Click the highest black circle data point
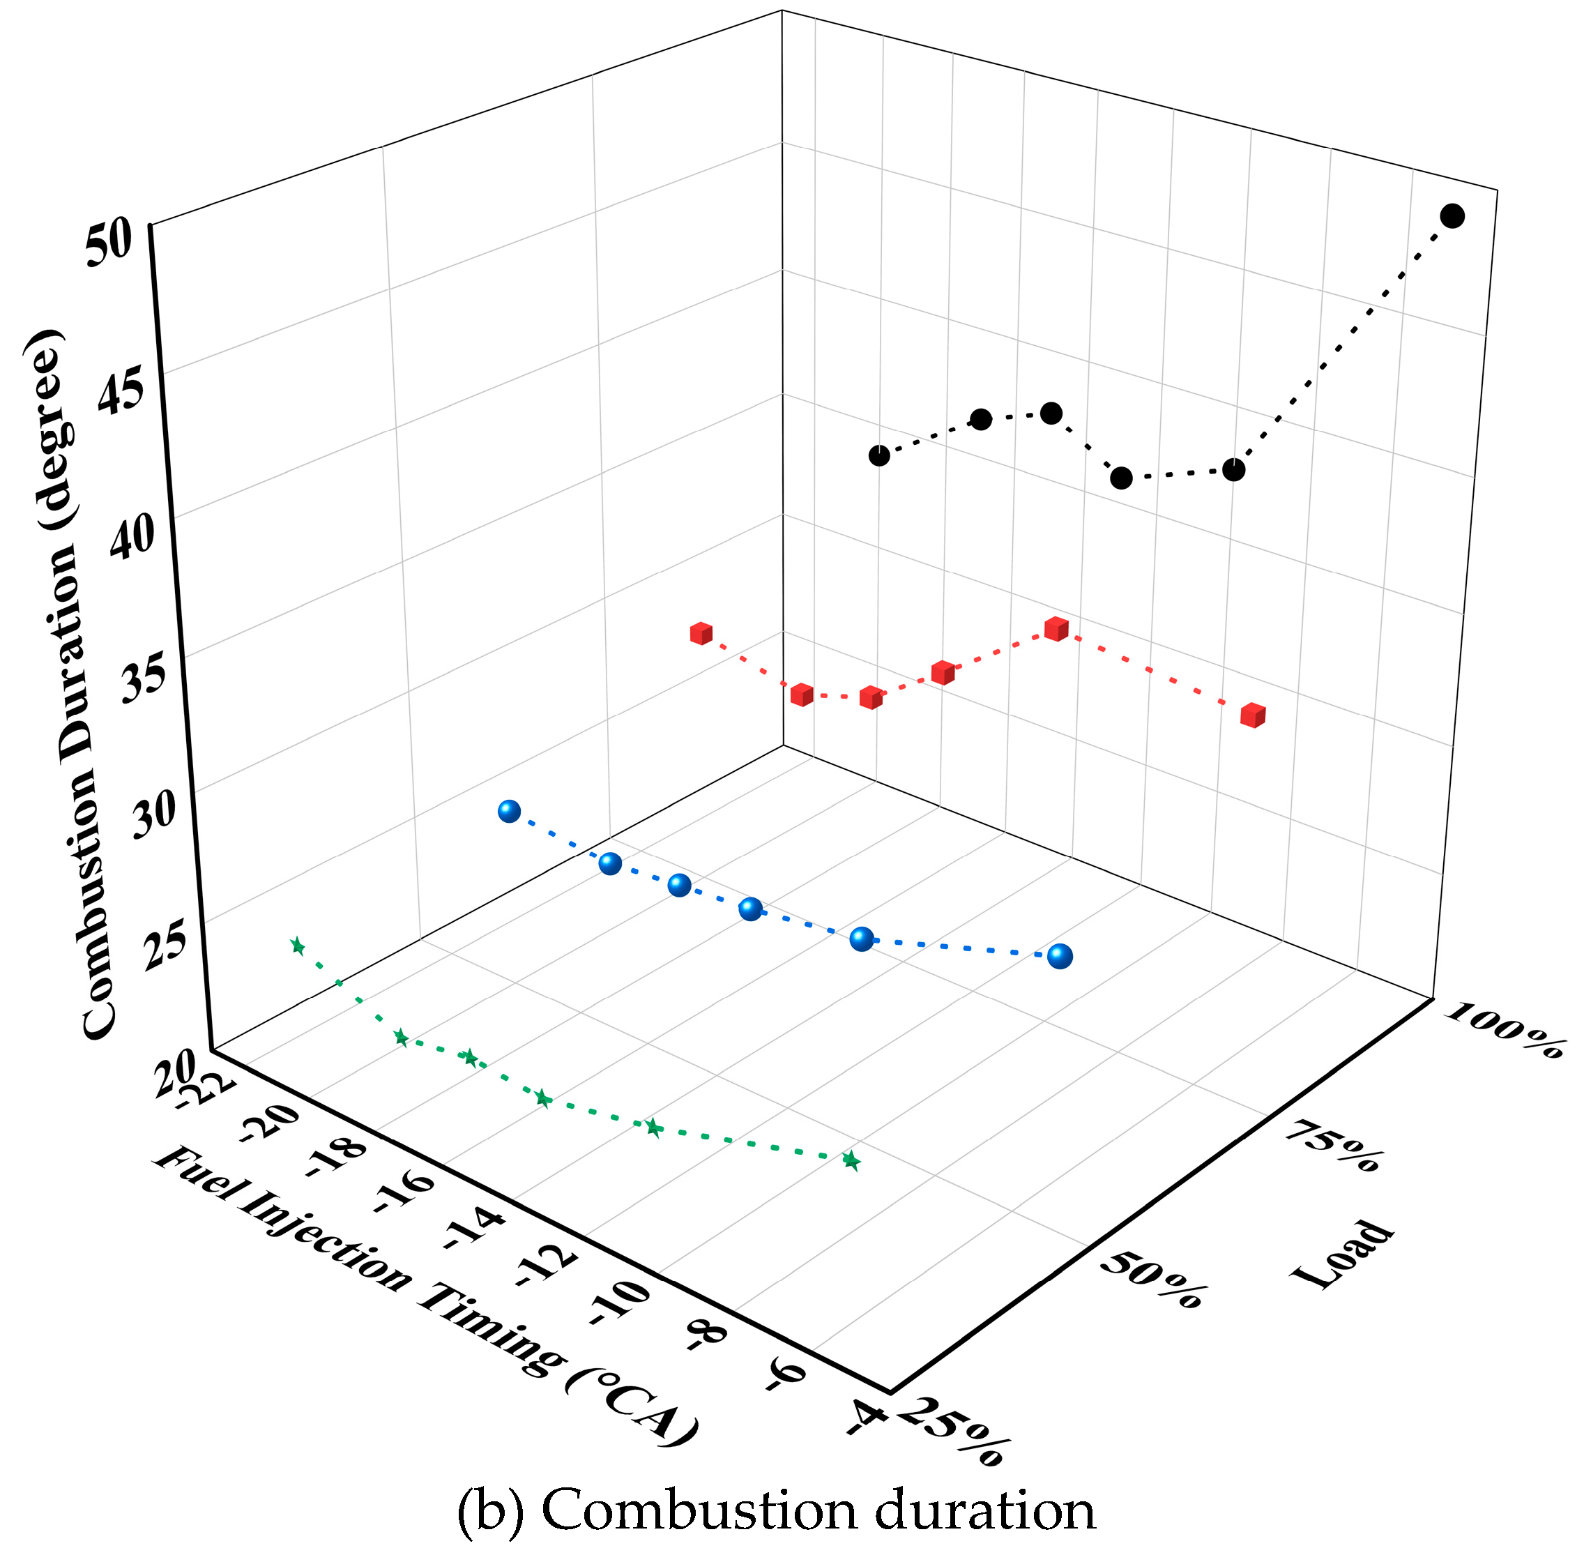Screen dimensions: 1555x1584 click(1452, 216)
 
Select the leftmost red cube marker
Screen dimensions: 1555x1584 click(701, 633)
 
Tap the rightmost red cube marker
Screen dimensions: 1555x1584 click(1253, 715)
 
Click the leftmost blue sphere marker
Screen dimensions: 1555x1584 click(510, 811)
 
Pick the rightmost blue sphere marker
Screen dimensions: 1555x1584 click(1060, 955)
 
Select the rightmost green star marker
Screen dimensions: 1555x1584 click(851, 1160)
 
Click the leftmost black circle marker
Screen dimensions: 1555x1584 click(879, 456)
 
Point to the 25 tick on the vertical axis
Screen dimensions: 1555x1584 click(168, 949)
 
